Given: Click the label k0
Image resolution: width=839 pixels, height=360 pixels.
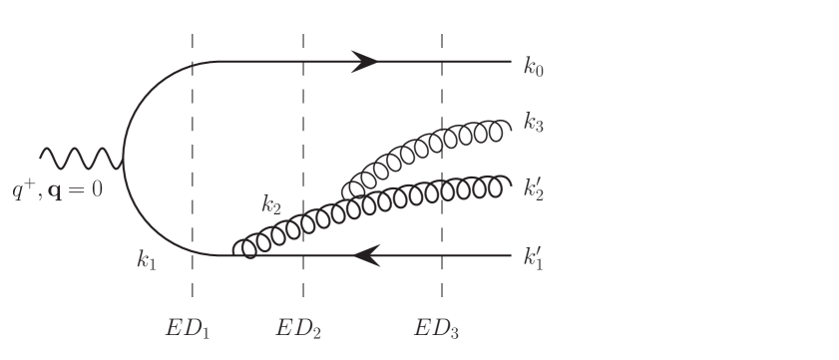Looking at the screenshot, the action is tap(534, 68).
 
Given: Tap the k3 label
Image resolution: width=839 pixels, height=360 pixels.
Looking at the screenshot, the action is tap(534, 127).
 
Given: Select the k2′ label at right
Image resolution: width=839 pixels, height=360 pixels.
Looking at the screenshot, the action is tap(535, 189).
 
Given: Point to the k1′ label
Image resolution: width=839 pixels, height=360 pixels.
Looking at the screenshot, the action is tap(534, 261).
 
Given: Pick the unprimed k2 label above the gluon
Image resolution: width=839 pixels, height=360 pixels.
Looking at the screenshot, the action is tap(271, 206).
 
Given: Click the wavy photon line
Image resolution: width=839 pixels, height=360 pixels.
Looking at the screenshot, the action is tap(80, 158).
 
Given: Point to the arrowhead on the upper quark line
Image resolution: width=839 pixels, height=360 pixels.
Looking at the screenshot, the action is tap(364, 62).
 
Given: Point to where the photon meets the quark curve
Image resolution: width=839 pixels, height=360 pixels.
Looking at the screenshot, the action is tap(123, 159).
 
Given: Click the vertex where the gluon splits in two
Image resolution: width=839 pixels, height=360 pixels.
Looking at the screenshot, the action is tap(346, 194).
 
